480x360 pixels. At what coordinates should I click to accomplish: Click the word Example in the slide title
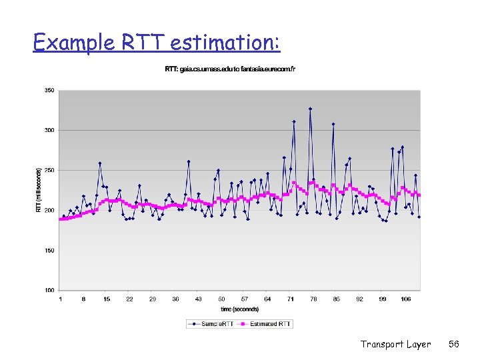(66, 43)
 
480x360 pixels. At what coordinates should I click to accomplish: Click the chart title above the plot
(230, 69)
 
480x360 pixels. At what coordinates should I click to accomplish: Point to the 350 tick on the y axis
(50, 90)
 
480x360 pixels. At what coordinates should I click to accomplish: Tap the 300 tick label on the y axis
(50, 130)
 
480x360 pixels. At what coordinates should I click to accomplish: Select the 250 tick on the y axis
(50, 170)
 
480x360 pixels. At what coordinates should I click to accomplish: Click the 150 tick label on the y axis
(50, 251)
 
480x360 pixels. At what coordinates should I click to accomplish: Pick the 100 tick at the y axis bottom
(50, 291)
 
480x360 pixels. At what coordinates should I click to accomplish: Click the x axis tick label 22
(129, 299)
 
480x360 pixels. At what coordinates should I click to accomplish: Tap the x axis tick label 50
(221, 299)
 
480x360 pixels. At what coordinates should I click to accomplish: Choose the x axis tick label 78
(313, 299)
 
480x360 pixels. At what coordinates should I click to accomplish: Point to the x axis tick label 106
(405, 299)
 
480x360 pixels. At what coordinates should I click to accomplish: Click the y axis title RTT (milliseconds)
(38, 190)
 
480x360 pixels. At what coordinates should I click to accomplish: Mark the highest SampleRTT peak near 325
(310, 109)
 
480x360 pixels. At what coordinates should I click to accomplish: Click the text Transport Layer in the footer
(395, 344)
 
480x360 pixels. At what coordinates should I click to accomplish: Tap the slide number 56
(454, 344)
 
